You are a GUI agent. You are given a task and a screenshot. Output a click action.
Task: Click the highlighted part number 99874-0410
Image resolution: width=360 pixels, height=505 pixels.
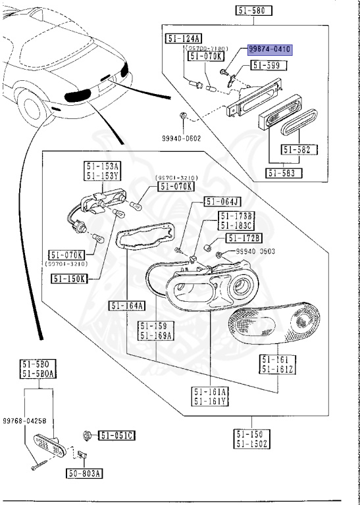(x=270, y=49)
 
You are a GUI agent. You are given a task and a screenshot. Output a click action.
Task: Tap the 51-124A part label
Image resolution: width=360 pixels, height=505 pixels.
(x=184, y=37)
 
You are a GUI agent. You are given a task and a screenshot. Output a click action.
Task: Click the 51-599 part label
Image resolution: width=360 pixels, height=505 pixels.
(x=266, y=65)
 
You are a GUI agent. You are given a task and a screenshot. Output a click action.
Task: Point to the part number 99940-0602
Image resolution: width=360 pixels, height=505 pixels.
(x=182, y=139)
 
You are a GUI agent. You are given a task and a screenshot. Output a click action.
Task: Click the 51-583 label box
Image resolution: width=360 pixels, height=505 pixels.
(x=284, y=173)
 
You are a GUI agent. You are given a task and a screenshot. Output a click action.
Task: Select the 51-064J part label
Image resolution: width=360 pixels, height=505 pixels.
(x=222, y=202)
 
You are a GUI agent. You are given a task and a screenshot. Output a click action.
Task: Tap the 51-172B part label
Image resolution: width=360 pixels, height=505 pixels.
(x=244, y=237)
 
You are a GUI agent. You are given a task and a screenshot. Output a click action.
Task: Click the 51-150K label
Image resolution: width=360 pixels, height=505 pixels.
(x=69, y=278)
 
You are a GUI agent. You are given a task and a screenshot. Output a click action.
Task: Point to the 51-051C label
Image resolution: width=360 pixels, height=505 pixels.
(x=117, y=435)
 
